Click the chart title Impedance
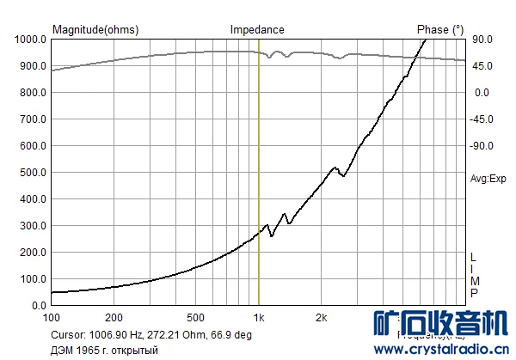point(257,29)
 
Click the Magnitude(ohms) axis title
point(95,29)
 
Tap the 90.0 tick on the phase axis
point(481,40)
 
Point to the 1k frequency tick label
point(259,316)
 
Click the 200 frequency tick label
point(114,316)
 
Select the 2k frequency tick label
point(322,316)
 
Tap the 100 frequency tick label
point(52,316)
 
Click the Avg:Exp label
point(488,179)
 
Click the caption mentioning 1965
point(106,350)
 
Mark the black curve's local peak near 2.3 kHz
point(335,168)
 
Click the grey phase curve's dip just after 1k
point(272,58)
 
